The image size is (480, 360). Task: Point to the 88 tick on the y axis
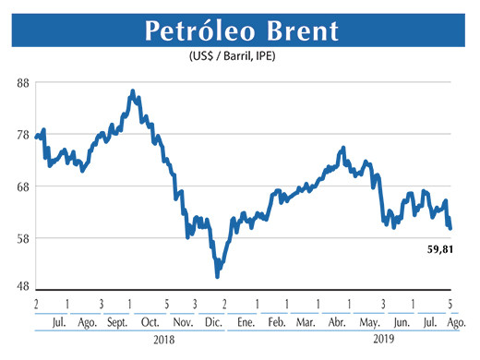23,82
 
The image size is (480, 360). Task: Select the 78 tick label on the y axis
23,135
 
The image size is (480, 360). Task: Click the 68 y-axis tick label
23,186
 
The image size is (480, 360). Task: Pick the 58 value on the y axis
23,238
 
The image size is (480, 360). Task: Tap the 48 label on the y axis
23,285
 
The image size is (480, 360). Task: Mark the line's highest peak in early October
133,91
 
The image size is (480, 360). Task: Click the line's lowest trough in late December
217,275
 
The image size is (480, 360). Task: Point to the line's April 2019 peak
343,148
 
